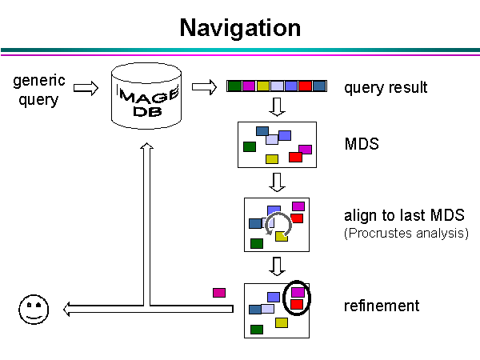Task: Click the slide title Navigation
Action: [240, 28]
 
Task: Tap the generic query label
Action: [39, 90]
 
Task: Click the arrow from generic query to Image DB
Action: [86, 87]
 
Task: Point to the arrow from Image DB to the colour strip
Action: [205, 86]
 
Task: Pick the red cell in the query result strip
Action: [305, 86]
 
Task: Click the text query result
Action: [386, 87]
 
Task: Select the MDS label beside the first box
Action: [362, 145]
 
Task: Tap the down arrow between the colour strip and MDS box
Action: [277, 107]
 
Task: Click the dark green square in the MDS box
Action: [250, 146]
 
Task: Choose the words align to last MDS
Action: [394, 215]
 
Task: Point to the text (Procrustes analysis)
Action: [406, 234]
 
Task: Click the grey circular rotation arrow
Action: [278, 225]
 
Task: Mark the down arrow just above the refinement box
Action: [277, 266]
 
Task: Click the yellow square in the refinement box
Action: [282, 322]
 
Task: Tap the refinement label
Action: [382, 306]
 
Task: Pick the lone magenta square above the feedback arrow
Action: [219, 293]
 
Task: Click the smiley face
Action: [33, 309]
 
